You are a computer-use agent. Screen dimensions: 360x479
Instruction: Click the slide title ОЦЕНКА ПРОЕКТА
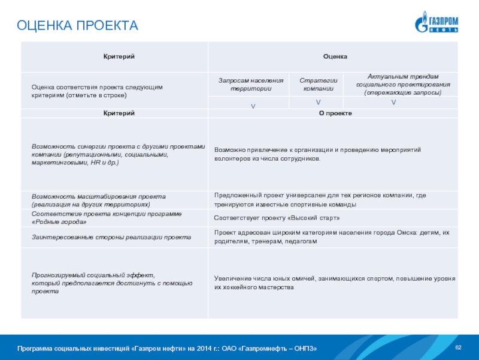(x=77, y=26)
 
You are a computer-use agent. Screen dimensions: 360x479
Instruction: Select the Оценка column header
(x=335, y=56)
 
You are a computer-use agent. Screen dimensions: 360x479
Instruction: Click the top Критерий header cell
(x=115, y=56)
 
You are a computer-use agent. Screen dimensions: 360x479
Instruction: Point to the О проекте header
(x=335, y=113)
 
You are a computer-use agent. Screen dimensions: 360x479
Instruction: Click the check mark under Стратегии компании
(x=318, y=103)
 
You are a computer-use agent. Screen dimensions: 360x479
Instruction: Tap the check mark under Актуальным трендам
(x=393, y=103)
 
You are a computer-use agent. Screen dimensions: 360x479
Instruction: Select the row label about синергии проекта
(x=117, y=154)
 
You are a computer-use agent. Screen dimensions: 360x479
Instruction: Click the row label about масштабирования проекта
(x=99, y=200)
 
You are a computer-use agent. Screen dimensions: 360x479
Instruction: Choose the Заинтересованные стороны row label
(x=111, y=237)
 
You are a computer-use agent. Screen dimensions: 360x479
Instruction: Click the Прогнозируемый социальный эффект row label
(x=111, y=283)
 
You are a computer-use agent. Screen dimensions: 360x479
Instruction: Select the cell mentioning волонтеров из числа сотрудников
(x=317, y=154)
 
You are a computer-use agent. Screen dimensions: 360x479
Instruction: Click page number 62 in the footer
(x=459, y=348)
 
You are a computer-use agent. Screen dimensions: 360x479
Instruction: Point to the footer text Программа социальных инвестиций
(x=167, y=349)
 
